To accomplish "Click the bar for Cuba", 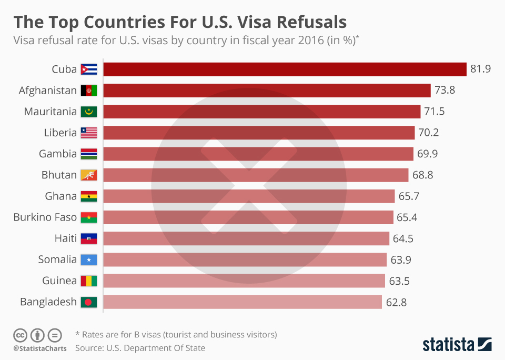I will click(x=285, y=69).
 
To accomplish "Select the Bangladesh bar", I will click(x=243, y=302).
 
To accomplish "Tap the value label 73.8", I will click(x=445, y=91).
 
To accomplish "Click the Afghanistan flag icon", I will click(x=89, y=91).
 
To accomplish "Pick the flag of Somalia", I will click(x=89, y=259).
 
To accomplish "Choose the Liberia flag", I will click(x=89, y=133).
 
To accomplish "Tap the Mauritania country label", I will click(x=50, y=112).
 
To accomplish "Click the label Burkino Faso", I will click(x=45, y=217).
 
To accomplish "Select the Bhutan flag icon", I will click(x=89, y=175).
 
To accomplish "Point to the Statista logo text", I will click(x=447, y=345).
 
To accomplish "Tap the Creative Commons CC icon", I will click(x=20, y=335).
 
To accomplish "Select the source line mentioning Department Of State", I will click(x=140, y=348).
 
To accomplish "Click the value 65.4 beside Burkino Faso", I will click(x=407, y=217).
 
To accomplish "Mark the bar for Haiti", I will click(x=246, y=238).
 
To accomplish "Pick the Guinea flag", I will click(x=89, y=281).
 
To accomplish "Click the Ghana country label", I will click(x=61, y=196).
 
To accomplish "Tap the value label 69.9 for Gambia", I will click(x=427, y=154).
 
